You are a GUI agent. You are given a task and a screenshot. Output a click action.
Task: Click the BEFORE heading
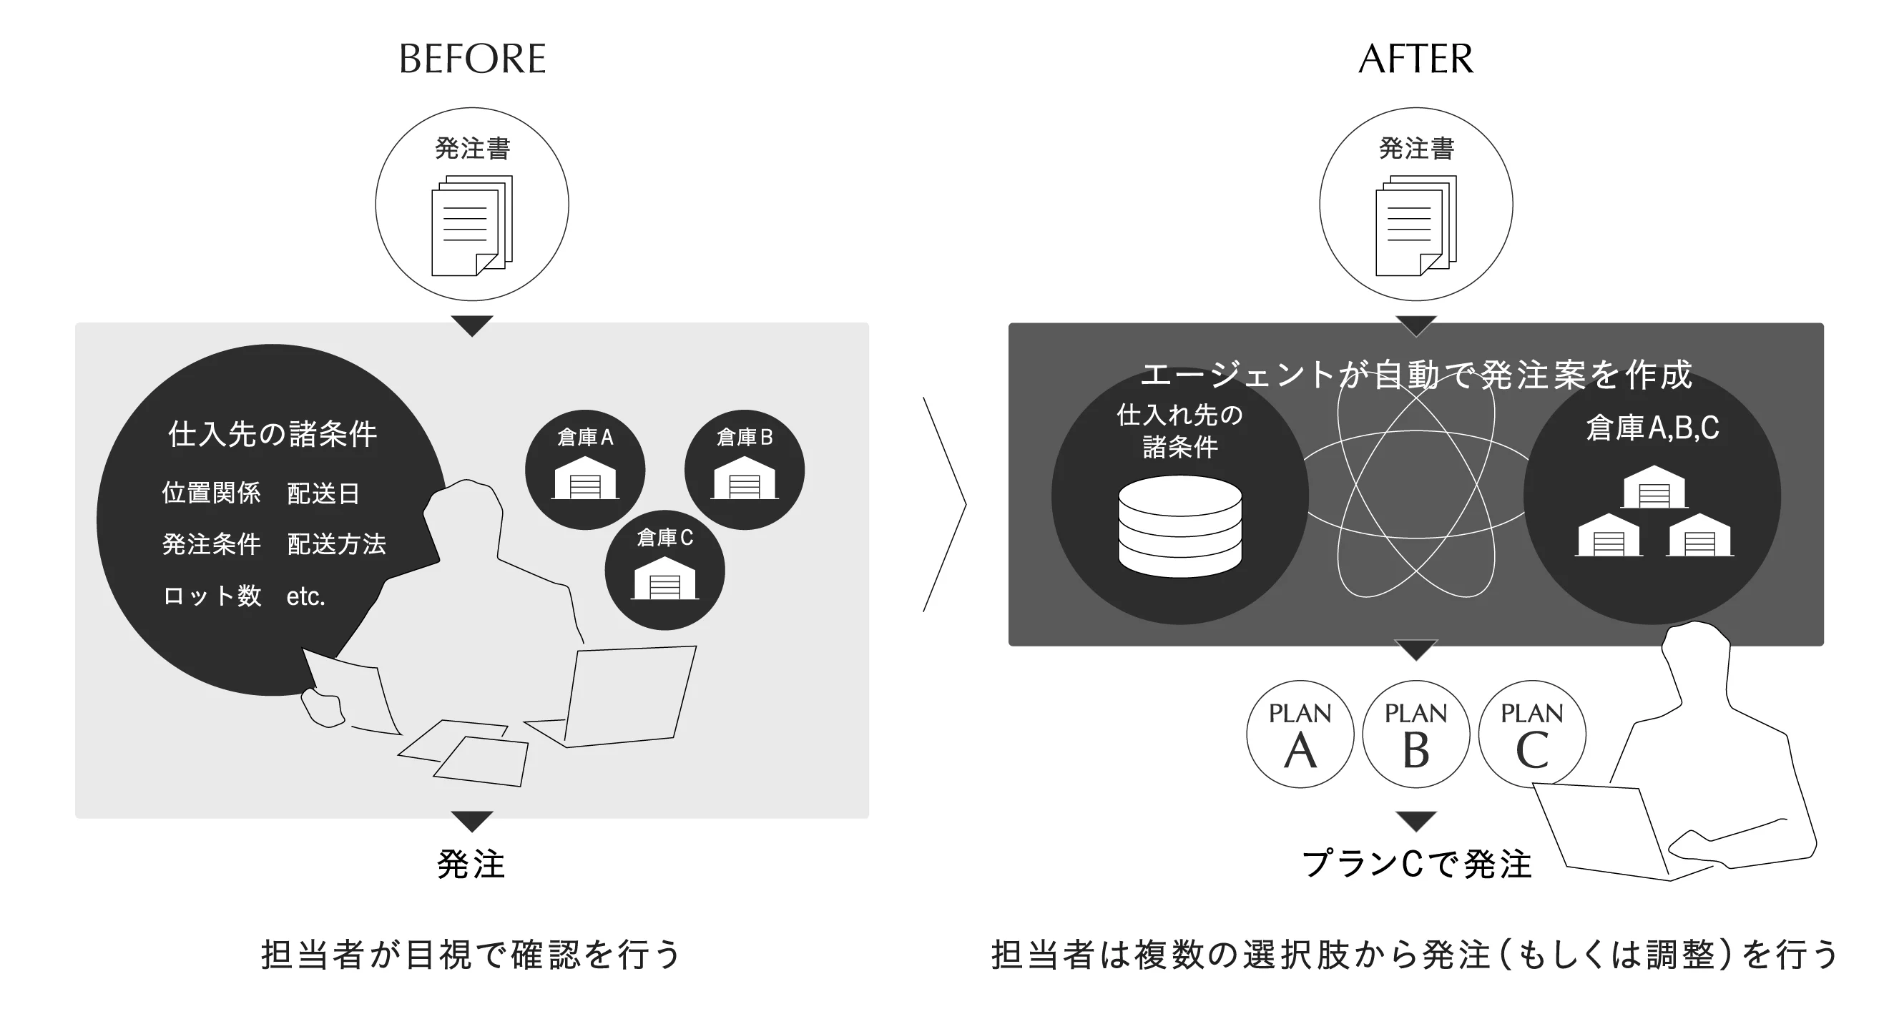click(472, 59)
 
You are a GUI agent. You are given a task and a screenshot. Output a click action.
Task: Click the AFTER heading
click(1415, 59)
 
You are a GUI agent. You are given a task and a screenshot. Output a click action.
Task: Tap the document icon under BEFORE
click(471, 225)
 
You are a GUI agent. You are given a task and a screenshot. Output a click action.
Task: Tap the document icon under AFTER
click(1415, 225)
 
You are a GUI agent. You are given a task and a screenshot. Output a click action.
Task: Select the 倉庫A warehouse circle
click(584, 469)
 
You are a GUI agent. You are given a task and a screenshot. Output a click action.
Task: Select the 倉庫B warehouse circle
click(745, 469)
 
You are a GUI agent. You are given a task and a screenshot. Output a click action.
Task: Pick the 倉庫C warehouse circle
click(664, 570)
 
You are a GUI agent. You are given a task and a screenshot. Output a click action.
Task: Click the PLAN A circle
click(1300, 734)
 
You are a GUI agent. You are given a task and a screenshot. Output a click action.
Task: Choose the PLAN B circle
click(1415, 734)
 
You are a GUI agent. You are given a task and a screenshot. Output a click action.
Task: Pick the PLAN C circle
click(1531, 734)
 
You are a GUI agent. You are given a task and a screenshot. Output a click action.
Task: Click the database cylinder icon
click(1179, 526)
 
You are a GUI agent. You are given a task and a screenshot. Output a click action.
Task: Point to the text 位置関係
click(211, 493)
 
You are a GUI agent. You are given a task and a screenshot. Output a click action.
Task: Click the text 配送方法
click(336, 544)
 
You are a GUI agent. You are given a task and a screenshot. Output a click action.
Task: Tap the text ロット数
click(211, 596)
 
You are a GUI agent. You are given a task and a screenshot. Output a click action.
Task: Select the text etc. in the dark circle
click(305, 596)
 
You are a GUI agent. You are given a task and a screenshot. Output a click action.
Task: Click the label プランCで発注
click(1416, 865)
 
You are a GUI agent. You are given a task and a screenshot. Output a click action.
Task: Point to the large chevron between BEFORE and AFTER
click(946, 505)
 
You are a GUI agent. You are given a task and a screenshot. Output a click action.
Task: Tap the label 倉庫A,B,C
click(1652, 428)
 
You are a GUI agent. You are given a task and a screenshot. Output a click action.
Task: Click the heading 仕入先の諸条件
click(272, 434)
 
